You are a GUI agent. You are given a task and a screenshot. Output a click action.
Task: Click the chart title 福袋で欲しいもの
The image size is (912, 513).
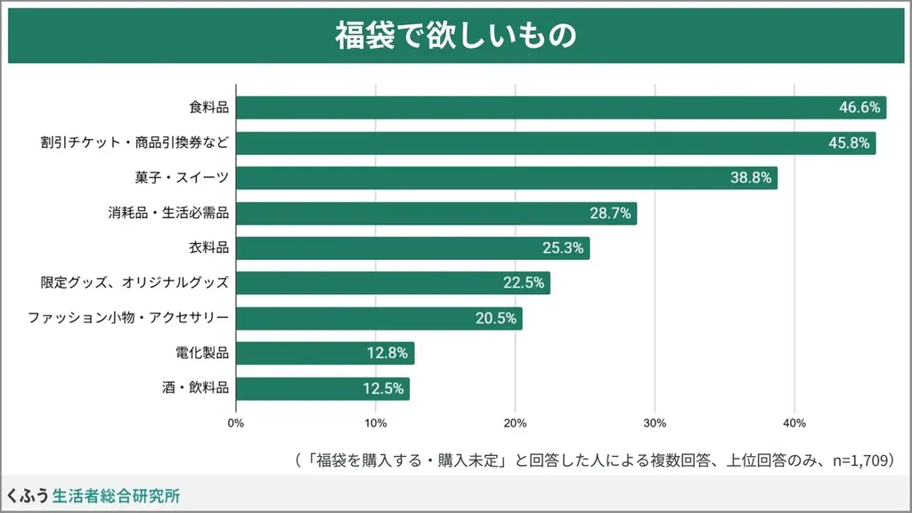(455, 36)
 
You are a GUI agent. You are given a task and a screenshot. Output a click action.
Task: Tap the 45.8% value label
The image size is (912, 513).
(849, 143)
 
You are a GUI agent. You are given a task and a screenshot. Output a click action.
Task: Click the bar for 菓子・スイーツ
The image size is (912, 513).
(507, 178)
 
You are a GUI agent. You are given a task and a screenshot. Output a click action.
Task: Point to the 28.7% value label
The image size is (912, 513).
(610, 214)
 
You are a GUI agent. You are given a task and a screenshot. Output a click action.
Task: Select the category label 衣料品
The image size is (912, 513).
(209, 248)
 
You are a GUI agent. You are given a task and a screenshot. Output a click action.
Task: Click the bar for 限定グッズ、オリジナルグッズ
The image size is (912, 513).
(393, 283)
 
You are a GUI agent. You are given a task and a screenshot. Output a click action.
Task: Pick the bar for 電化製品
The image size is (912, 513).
(325, 354)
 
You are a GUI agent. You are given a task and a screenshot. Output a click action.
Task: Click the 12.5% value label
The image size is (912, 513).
(385, 389)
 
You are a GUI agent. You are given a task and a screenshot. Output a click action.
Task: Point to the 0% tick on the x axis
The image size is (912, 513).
(236, 422)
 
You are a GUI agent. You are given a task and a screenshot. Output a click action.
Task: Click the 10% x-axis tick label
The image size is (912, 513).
(375, 422)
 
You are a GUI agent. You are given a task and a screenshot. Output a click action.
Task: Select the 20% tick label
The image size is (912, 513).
(515, 422)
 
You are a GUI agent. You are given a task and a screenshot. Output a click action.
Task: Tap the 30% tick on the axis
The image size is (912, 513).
(655, 422)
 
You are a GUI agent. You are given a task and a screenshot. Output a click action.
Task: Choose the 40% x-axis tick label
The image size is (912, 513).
(794, 422)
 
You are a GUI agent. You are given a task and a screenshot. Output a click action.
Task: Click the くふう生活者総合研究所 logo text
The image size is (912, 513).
(93, 495)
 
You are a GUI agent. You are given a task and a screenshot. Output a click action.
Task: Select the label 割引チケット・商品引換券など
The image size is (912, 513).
(134, 143)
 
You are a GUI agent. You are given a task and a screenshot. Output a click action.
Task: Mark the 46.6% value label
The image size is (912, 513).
(859, 108)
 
